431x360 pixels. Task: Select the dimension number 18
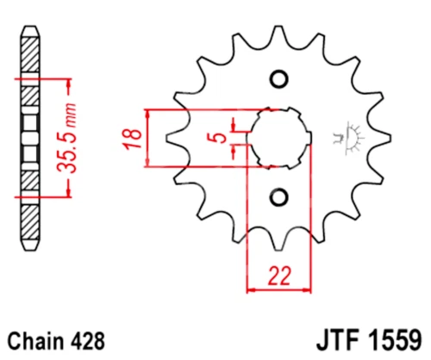(130, 138)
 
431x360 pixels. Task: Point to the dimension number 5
(222, 138)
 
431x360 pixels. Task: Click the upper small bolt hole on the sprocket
(278, 80)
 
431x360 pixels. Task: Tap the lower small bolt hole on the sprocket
(278, 197)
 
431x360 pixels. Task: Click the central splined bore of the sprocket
(278, 139)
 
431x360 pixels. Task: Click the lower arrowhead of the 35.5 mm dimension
(64, 193)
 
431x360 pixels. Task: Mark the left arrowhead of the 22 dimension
(253, 289)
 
